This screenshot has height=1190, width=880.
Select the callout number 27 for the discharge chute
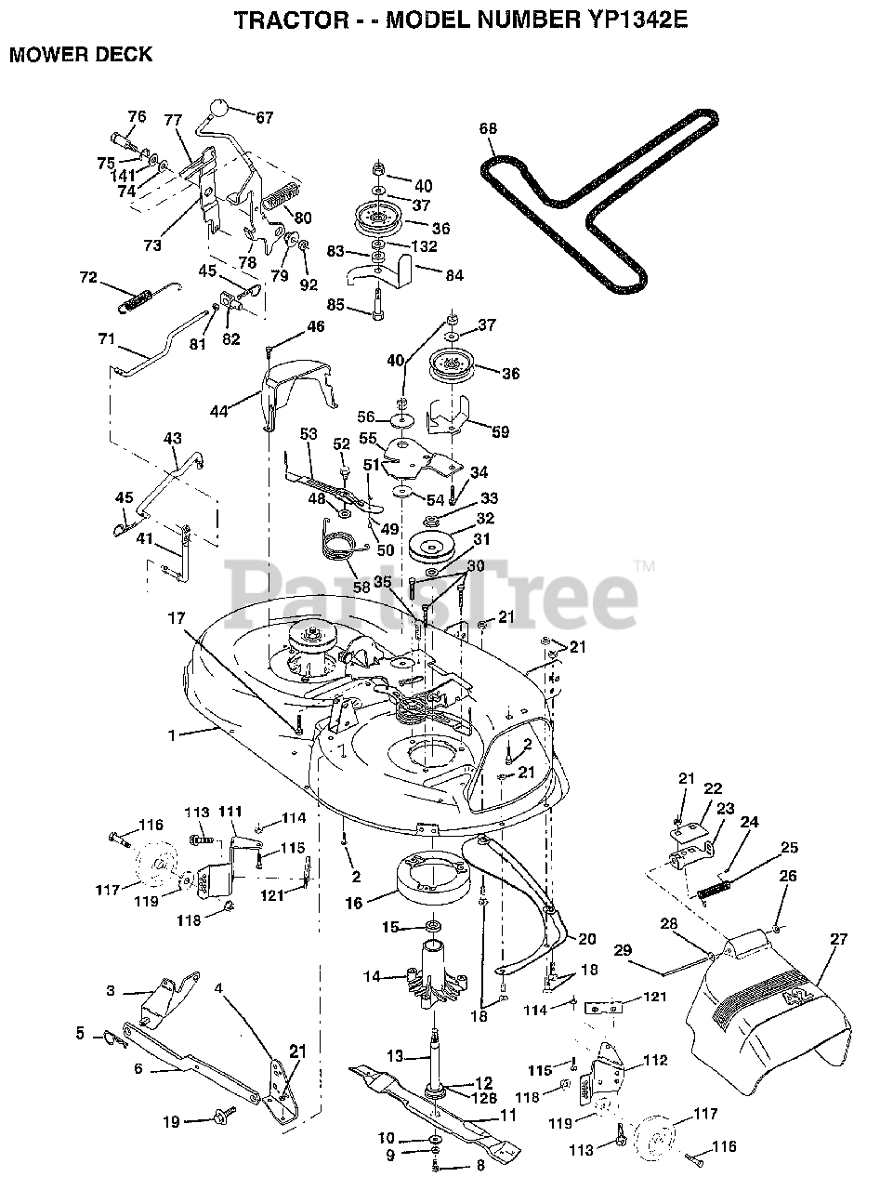839,940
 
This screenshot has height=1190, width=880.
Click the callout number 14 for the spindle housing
373,976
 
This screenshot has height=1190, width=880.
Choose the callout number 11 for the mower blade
508,1114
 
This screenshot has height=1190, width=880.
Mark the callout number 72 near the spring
88,278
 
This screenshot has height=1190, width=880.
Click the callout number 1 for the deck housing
171,734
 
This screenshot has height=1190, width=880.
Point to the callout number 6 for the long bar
138,1069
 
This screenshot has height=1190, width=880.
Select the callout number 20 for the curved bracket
585,939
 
